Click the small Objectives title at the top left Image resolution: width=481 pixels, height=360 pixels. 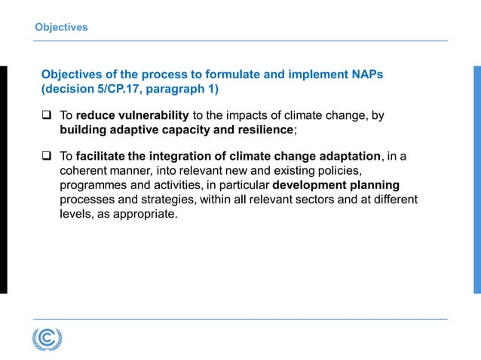(61, 27)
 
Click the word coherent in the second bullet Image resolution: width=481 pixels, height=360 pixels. (85, 170)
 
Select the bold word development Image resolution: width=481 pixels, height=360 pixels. (314, 185)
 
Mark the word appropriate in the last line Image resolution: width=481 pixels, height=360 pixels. (146, 213)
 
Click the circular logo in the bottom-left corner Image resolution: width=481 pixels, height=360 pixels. (47, 338)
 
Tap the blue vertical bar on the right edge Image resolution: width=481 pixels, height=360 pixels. (476, 179)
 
